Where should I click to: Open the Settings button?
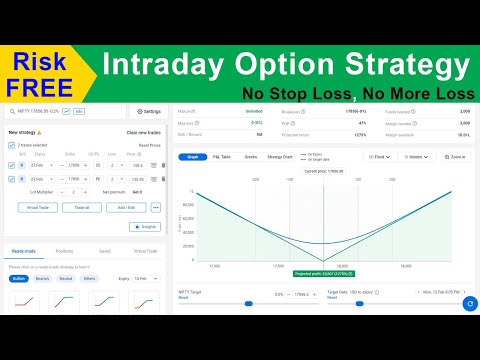tap(147, 111)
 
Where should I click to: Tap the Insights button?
tap(144, 227)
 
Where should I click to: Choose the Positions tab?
tap(64, 251)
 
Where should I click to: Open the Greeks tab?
tap(250, 157)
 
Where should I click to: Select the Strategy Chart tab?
tap(281, 157)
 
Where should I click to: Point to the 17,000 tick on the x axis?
tap(213, 266)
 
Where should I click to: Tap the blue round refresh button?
tap(469, 301)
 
